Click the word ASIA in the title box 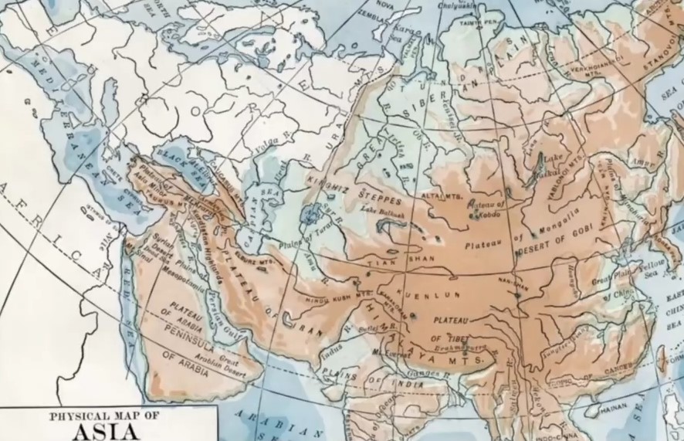pyautogui.click(x=107, y=430)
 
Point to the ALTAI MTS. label pyautogui.click(x=439, y=196)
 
